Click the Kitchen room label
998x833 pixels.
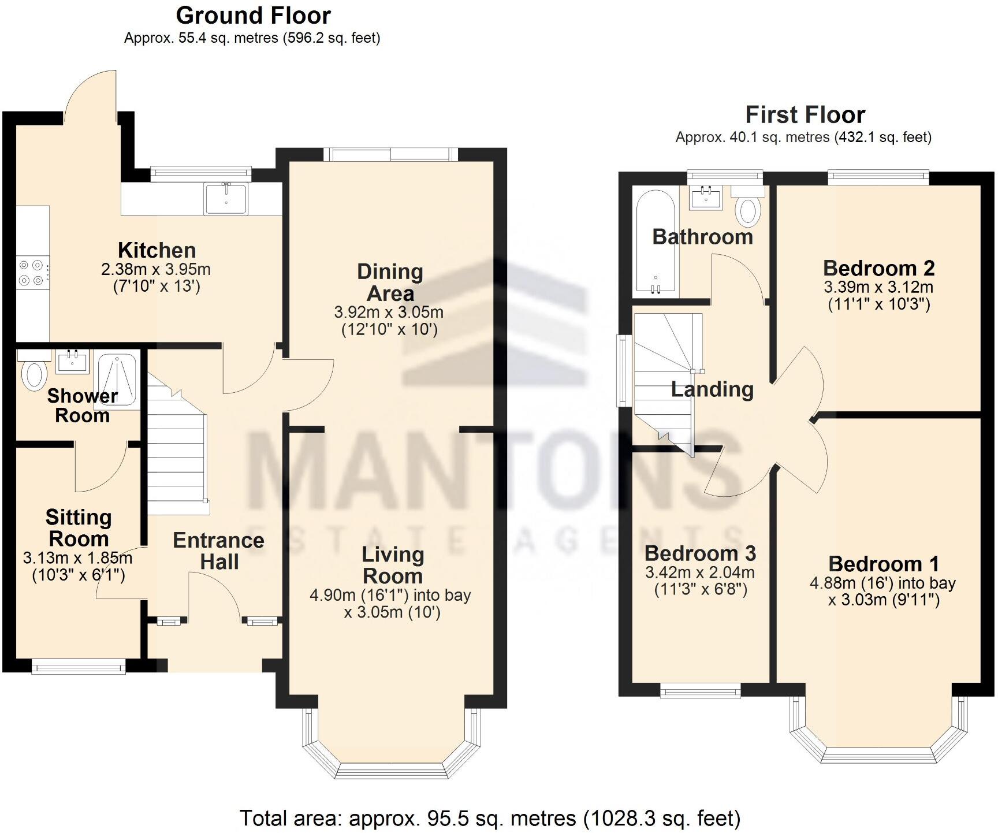[x=157, y=250]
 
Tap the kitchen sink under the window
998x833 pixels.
[x=226, y=198]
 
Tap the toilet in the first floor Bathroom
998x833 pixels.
[x=748, y=209]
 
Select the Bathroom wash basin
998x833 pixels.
[x=705, y=198]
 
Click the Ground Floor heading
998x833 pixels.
[x=253, y=15]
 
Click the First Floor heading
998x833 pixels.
[x=805, y=114]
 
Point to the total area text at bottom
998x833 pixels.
[x=490, y=818]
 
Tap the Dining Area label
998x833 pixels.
[x=390, y=282]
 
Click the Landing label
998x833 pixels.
[x=712, y=389]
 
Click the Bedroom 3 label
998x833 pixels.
[x=700, y=553]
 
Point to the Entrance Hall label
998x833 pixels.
[x=218, y=551]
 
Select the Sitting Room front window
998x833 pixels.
[x=79, y=667]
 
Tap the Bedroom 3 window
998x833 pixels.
[x=701, y=690]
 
